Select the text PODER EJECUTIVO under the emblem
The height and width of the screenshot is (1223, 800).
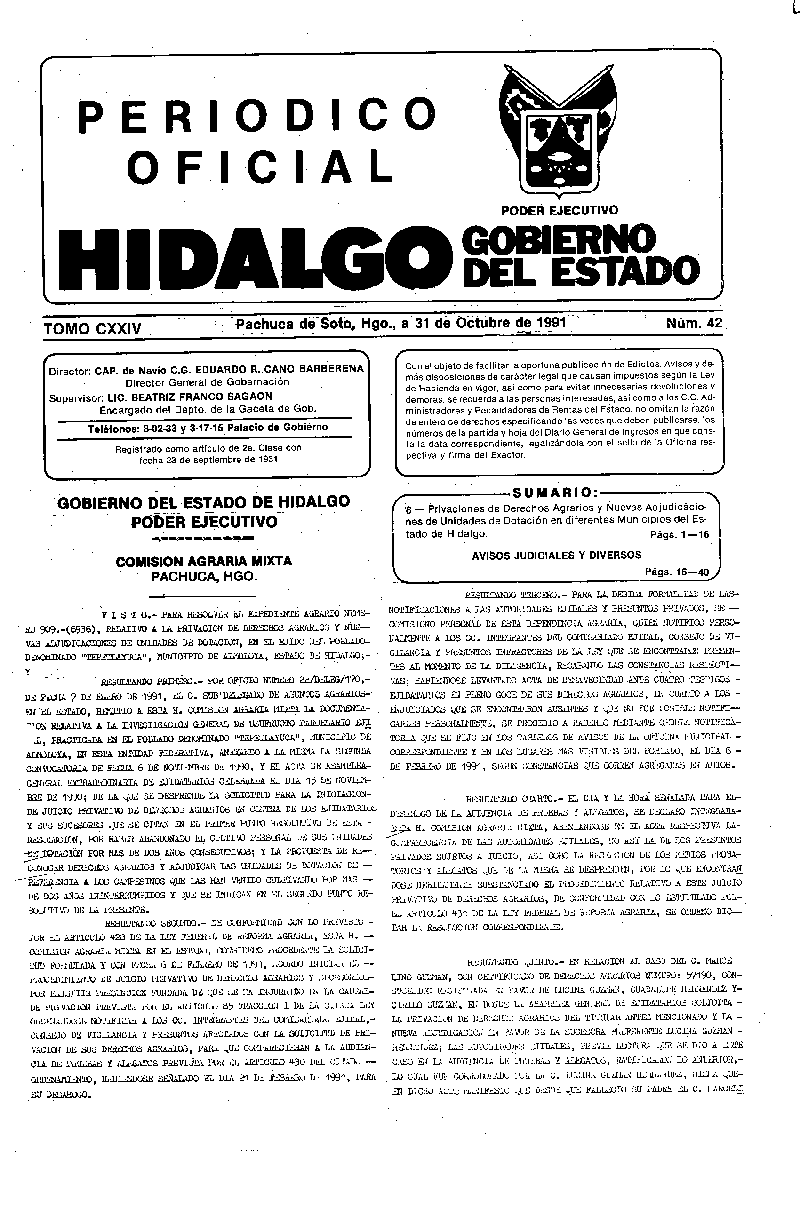560,210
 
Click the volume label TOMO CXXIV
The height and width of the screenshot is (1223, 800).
93,328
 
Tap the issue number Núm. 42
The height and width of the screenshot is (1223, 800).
694,323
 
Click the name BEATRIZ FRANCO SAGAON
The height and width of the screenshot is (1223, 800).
190,396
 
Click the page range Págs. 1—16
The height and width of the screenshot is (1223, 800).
679,534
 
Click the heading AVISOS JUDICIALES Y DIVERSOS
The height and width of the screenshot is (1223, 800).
556,555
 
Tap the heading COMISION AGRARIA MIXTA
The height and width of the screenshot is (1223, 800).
204,561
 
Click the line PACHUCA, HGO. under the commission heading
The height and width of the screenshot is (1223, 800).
203,577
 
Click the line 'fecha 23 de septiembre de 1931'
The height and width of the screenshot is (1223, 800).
208,460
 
